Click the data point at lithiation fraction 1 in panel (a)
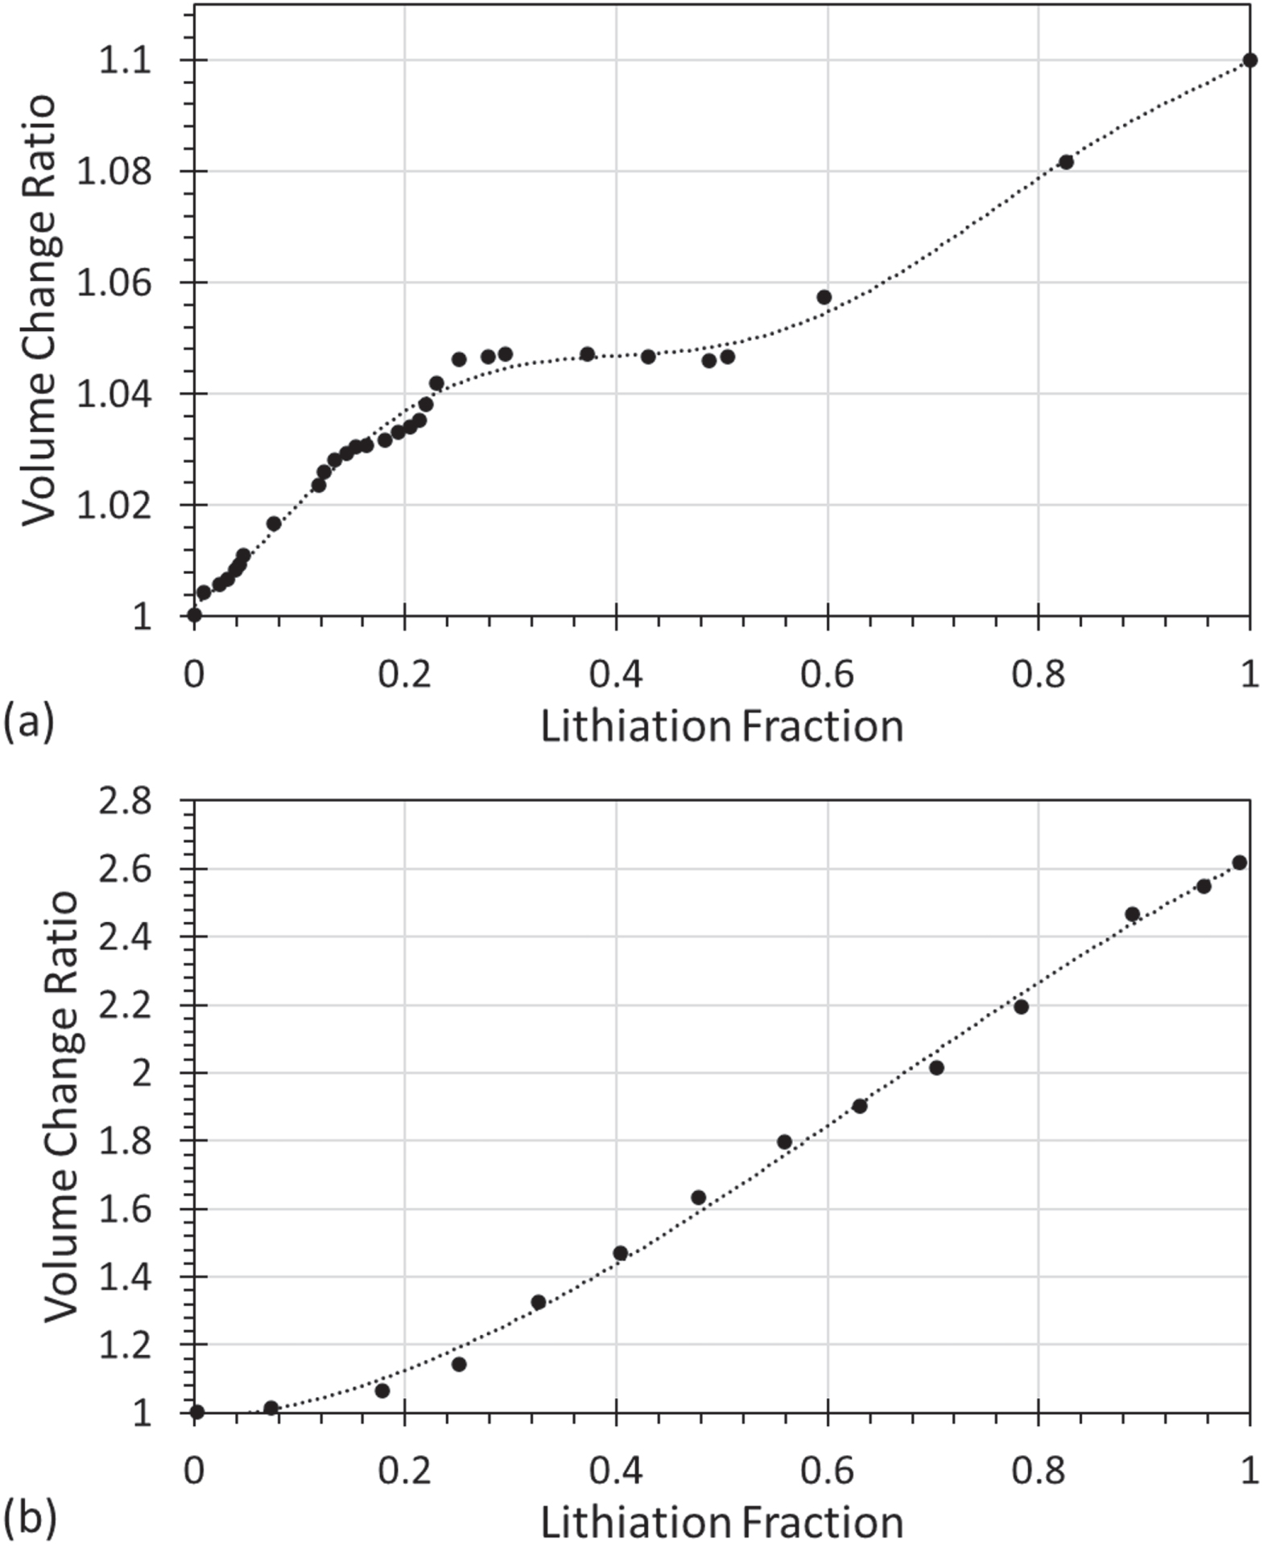coord(1249,60)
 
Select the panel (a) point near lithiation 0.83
coord(1065,163)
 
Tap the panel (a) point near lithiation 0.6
coord(824,297)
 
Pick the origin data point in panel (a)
coord(194,615)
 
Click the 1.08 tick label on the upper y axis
coord(114,172)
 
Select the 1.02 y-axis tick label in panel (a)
coord(114,506)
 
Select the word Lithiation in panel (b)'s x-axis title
coord(635,1523)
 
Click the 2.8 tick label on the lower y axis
coord(125,804)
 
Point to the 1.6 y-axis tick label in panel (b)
coord(125,1210)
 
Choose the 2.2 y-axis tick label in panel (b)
coord(125,1007)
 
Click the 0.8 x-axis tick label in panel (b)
coord(1038,1471)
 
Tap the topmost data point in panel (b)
coord(1239,863)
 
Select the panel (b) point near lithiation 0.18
coord(382,1391)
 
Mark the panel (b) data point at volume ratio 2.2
coord(1021,1007)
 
